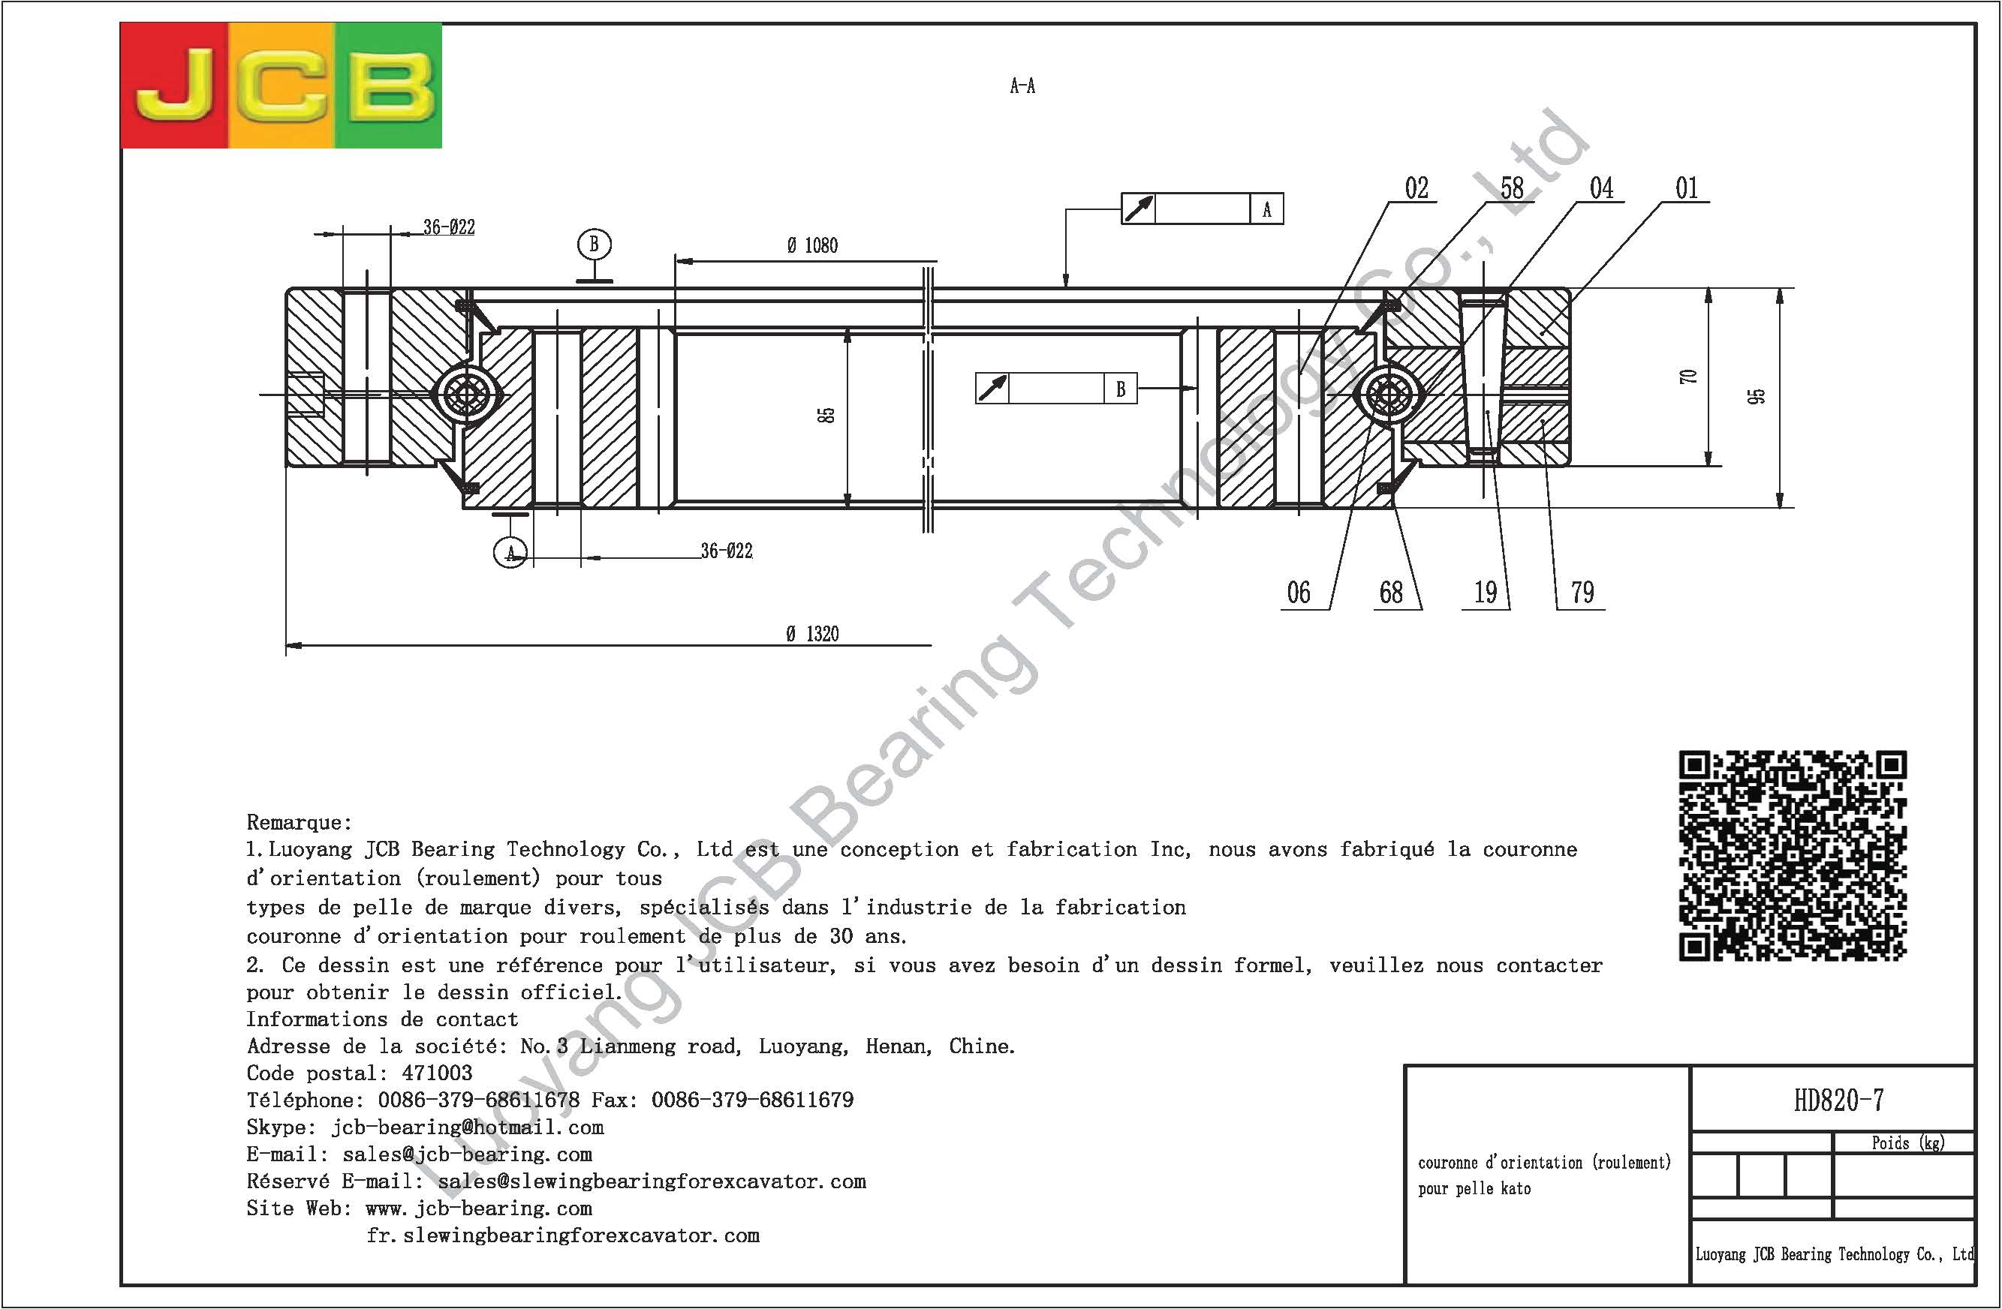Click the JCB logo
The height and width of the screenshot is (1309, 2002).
tap(281, 85)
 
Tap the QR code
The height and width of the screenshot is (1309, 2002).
tap(1793, 855)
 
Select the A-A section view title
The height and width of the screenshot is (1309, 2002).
tap(1022, 86)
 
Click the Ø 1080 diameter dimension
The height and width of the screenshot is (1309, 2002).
tap(811, 245)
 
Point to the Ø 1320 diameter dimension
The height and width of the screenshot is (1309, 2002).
tap(812, 634)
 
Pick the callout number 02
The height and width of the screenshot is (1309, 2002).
tap(1416, 188)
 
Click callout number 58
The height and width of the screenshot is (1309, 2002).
tap(1512, 188)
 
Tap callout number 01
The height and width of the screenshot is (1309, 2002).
tap(1687, 188)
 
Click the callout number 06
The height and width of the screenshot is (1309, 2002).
tap(1299, 593)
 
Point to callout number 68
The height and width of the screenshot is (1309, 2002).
tap(1391, 593)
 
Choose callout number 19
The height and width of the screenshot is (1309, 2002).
tap(1486, 593)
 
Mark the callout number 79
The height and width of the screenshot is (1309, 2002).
tap(1582, 593)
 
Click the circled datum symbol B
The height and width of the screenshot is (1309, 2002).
tap(594, 245)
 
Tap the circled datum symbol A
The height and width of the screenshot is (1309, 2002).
tap(510, 551)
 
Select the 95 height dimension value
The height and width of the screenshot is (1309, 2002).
tap(1757, 397)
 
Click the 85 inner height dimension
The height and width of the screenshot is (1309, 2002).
tap(827, 416)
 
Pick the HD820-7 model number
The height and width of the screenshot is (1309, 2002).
tap(1839, 1100)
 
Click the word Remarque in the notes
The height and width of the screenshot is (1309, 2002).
tap(299, 822)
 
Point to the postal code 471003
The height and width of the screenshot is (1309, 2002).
tap(437, 1073)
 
